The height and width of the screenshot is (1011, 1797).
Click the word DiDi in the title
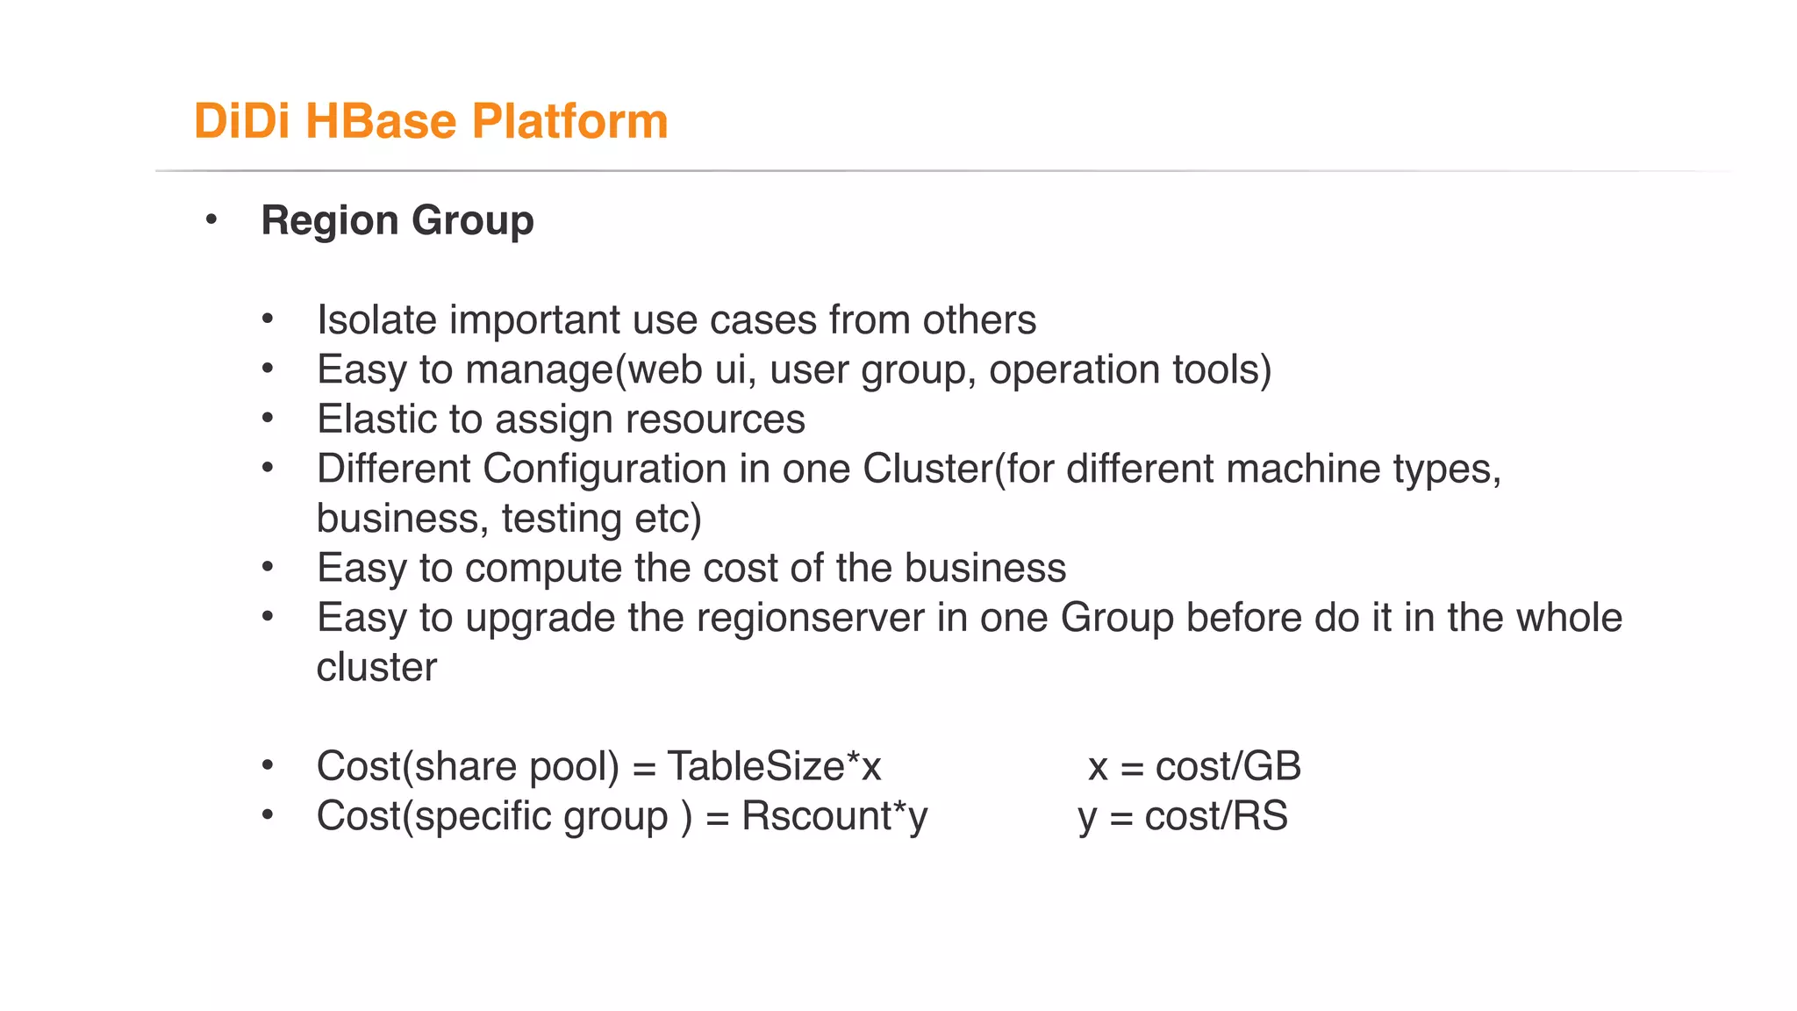click(x=241, y=121)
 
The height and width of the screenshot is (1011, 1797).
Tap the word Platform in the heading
click(x=569, y=121)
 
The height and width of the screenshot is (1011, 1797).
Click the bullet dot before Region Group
click(x=211, y=219)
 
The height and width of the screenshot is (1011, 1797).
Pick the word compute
click(x=543, y=568)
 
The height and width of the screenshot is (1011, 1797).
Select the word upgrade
click(x=540, y=618)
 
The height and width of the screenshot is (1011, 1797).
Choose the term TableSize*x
click(x=774, y=766)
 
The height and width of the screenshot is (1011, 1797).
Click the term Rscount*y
click(x=834, y=816)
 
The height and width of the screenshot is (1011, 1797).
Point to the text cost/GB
click(x=1228, y=766)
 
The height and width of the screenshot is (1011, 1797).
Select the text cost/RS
click(x=1216, y=816)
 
